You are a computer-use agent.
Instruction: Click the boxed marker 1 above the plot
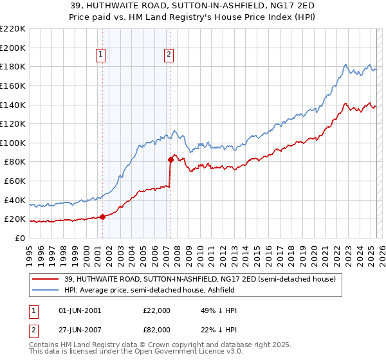102,55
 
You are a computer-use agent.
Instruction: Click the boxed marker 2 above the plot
169,55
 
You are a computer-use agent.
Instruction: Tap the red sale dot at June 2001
102,217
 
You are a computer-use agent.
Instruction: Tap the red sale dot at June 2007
170,159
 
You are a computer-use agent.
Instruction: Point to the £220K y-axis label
13,29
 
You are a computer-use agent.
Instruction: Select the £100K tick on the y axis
13,143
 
